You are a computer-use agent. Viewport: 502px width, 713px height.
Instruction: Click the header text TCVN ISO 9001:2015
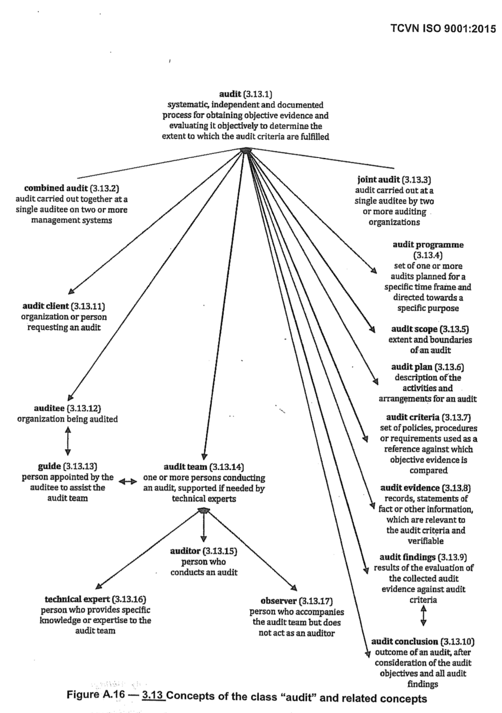coord(443,29)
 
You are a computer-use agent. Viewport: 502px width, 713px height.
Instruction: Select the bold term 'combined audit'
coord(56,189)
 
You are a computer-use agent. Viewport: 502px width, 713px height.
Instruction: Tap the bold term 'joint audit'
coord(378,180)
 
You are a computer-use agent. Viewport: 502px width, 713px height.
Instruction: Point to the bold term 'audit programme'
coord(428,245)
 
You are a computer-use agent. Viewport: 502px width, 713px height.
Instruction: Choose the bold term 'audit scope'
coord(414,329)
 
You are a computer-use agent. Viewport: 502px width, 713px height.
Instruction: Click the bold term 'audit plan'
coord(412,367)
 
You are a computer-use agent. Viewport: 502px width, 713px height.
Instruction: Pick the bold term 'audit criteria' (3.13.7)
coord(413,417)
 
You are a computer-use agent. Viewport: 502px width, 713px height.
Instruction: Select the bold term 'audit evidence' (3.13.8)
coord(410,488)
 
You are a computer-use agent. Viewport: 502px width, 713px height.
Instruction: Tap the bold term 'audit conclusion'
coord(404,641)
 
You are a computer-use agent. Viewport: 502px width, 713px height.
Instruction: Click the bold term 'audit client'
coord(46,306)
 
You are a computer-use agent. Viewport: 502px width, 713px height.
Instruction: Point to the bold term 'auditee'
coord(49,408)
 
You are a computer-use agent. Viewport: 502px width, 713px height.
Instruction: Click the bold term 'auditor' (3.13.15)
coord(186,551)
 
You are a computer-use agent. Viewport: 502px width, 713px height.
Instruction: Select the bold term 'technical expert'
coord(77,599)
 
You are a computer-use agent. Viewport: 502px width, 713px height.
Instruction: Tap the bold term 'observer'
coord(278,601)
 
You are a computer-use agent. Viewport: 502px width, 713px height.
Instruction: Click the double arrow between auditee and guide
coord(67,441)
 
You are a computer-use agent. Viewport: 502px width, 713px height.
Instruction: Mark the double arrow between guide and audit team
coord(128,482)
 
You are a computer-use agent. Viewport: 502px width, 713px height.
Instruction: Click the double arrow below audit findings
coord(424,616)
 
